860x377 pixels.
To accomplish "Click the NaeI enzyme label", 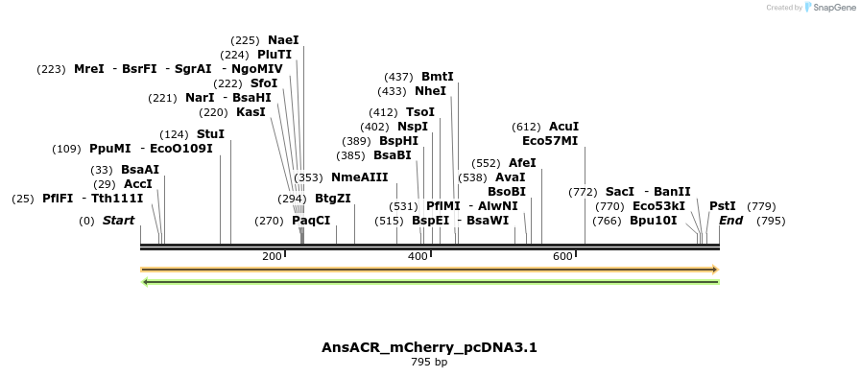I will click(283, 40).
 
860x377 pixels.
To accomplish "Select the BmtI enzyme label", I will click(437, 77).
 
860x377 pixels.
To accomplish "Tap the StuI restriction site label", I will click(210, 134).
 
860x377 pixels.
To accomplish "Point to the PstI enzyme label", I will click(722, 206).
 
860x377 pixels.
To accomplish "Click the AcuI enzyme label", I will click(563, 127).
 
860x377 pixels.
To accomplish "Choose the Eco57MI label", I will click(550, 141).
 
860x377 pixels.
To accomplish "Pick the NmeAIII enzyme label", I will click(359, 177).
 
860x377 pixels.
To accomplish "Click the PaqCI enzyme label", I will click(311, 221).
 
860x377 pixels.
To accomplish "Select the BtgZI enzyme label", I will click(332, 199).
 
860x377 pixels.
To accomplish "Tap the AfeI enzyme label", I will click(522, 163).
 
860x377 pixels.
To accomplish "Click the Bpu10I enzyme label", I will click(653, 221).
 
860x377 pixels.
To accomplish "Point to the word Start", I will click(118, 221).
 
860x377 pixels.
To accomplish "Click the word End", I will click(730, 221).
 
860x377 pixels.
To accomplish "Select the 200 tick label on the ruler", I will click(272, 256).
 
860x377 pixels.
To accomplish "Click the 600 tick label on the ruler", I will click(562, 256).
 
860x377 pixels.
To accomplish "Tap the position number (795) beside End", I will click(771, 221).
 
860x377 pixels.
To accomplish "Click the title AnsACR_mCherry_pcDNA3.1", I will click(429, 347).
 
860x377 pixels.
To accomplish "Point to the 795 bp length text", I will click(429, 363).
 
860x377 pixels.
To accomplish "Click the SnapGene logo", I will click(826, 8).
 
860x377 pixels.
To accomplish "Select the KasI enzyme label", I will click(251, 112).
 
